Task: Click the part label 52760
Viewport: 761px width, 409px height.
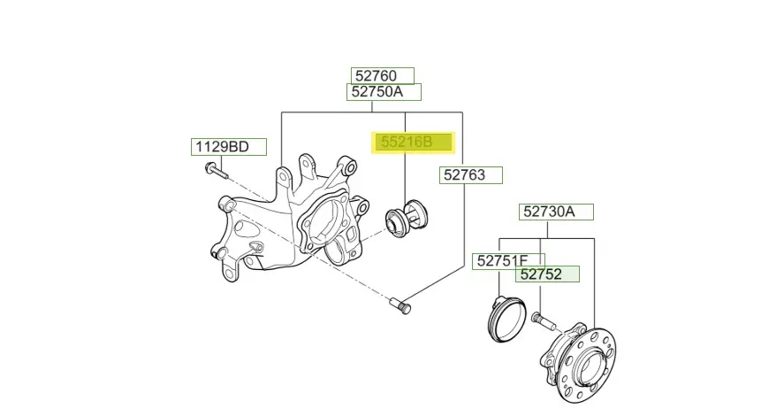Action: click(x=383, y=76)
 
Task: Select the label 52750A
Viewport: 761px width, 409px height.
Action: click(x=384, y=92)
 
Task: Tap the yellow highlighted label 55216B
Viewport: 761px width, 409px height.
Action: click(x=413, y=143)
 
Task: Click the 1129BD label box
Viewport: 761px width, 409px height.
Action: click(x=229, y=147)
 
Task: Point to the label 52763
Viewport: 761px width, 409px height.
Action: click(x=471, y=175)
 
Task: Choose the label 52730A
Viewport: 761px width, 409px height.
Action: click(x=556, y=212)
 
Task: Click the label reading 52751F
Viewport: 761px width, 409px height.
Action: click(x=508, y=261)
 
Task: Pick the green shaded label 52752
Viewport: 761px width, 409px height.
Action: click(x=547, y=274)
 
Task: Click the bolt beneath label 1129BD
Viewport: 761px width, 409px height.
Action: click(x=216, y=171)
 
